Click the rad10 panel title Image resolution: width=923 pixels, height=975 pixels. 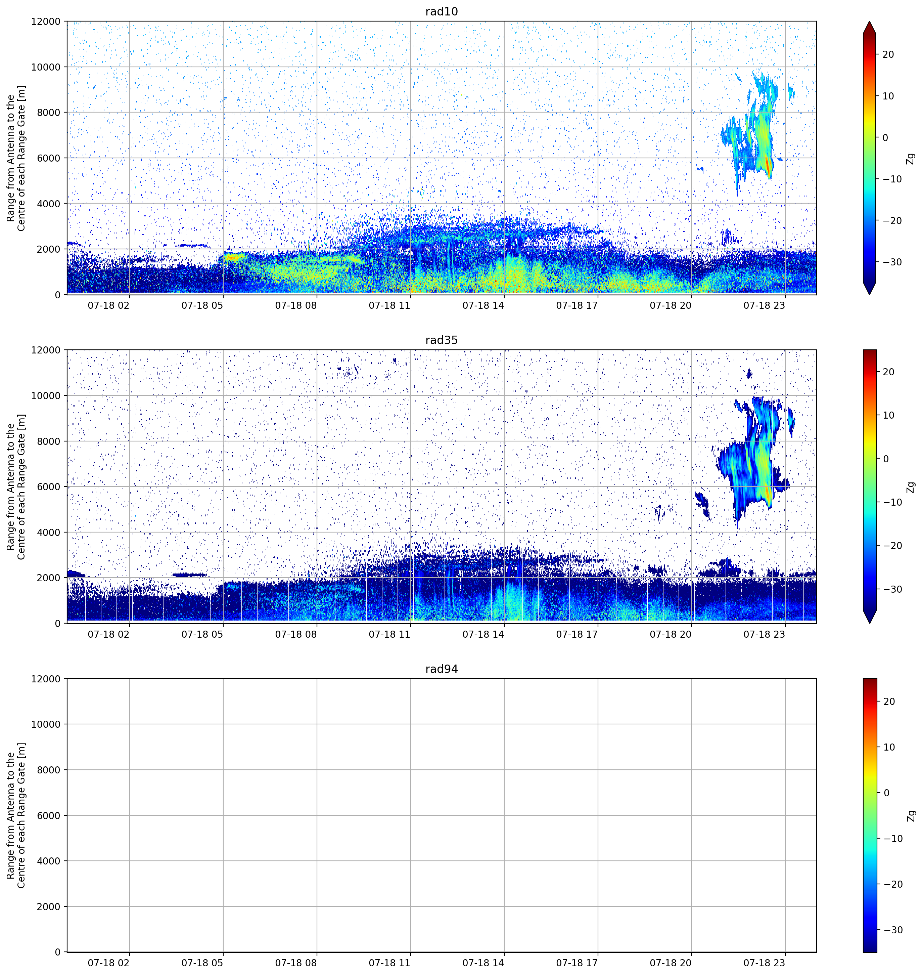(441, 12)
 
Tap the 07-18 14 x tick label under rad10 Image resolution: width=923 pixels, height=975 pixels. (483, 305)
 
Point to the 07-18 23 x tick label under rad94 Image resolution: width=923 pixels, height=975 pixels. (764, 963)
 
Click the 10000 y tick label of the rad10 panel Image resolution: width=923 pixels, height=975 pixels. (46, 67)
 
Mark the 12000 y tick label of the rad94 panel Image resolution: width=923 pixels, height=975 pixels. (46, 679)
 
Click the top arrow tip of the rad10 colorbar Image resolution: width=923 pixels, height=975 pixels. (869, 22)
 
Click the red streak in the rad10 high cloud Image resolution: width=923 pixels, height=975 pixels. (768, 166)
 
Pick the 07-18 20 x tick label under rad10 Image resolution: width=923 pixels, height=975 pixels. (671, 305)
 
